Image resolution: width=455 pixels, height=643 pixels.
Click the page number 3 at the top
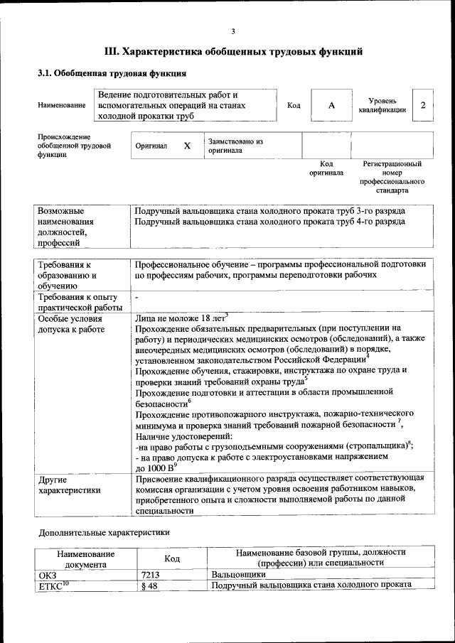coord(232,31)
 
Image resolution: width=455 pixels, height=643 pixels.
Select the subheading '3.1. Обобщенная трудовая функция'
coord(112,73)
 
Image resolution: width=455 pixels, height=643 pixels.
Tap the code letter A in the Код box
coord(331,106)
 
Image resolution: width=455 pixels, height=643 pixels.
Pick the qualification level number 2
coord(423,105)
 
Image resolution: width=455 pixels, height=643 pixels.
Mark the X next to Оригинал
coord(187,146)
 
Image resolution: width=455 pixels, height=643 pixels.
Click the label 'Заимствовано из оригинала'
coord(235,146)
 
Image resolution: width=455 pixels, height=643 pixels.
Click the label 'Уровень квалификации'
coord(382,105)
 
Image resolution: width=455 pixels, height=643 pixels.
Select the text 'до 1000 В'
coord(156,468)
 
